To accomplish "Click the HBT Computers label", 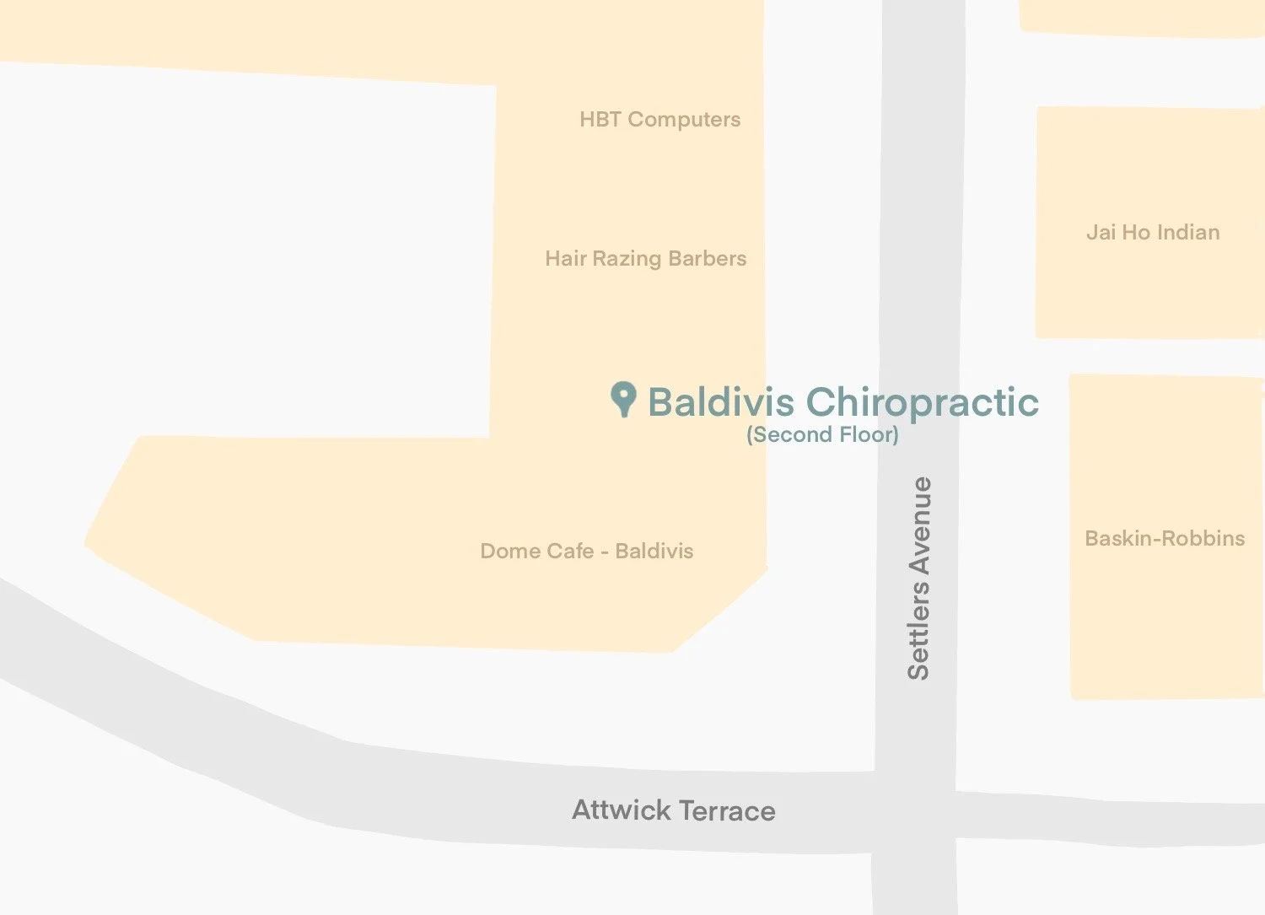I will point(659,120).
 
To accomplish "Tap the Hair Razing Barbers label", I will point(645,258).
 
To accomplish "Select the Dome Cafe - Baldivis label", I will point(586,552).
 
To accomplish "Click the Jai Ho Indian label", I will point(1153,233).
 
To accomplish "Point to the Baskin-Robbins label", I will point(1165,539).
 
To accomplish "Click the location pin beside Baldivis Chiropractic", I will point(623,398).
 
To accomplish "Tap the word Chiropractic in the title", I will point(923,402).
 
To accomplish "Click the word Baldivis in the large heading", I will point(721,402).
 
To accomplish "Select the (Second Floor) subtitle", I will point(822,435).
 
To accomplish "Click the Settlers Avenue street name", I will point(918,578).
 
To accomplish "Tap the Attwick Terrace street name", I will point(673,811).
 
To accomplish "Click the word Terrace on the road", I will point(727,811).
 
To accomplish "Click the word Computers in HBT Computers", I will point(684,120).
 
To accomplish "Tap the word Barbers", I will point(707,258).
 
